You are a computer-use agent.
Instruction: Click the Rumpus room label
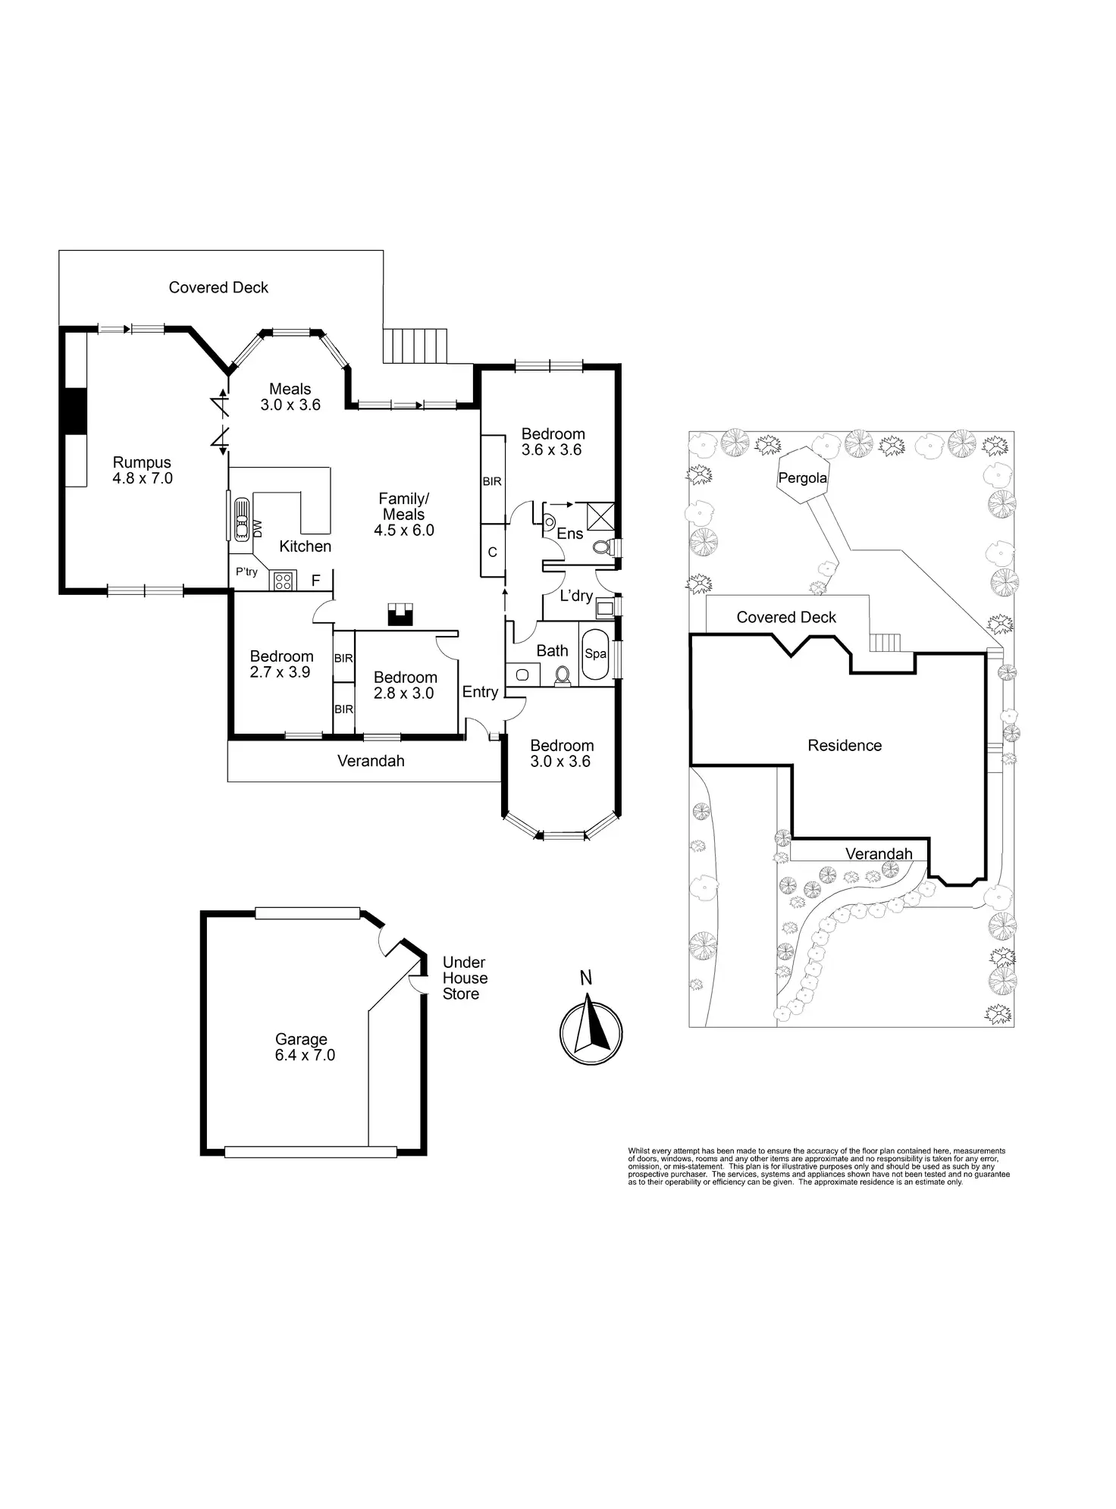pyautogui.click(x=142, y=462)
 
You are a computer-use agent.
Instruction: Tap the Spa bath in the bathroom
pyautogui.click(x=595, y=654)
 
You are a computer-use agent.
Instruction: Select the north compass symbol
pyautogui.click(x=591, y=1032)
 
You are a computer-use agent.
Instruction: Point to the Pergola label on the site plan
pyautogui.click(x=802, y=478)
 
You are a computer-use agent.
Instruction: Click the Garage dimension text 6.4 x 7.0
pyautogui.click(x=305, y=1055)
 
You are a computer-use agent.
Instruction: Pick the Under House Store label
pyautogui.click(x=464, y=978)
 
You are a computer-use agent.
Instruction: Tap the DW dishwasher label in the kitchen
pyautogui.click(x=257, y=527)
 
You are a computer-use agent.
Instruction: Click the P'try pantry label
pyautogui.click(x=246, y=572)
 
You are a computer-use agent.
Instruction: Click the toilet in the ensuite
pyautogui.click(x=603, y=546)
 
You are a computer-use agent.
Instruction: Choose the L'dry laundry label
pyautogui.click(x=576, y=596)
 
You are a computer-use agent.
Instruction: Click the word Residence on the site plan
pyautogui.click(x=845, y=746)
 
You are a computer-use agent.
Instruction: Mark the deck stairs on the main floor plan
pyautogui.click(x=415, y=346)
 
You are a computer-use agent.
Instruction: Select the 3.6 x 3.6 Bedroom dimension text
pyautogui.click(x=551, y=449)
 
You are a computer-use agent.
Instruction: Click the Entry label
pyautogui.click(x=480, y=692)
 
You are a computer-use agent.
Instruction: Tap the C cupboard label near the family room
pyautogui.click(x=492, y=553)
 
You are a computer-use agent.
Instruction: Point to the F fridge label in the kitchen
pyautogui.click(x=316, y=581)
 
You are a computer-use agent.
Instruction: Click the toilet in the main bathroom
pyautogui.click(x=563, y=674)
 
